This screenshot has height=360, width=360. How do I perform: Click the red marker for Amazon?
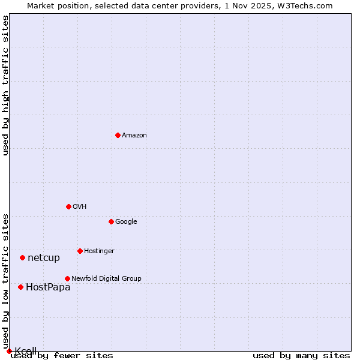[x=118, y=135]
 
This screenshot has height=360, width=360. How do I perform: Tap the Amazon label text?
[x=134, y=136]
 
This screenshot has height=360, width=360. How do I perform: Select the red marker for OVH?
[x=68, y=206]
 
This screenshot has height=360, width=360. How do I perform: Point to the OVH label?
[x=80, y=207]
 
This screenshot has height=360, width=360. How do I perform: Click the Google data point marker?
[x=111, y=221]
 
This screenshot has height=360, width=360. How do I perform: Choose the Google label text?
[x=126, y=222]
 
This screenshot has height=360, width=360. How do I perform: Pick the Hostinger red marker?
[x=80, y=251]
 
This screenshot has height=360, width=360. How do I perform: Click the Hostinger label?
[x=99, y=251]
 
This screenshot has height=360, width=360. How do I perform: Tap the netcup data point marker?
[x=22, y=257]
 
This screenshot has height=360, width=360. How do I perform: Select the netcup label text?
[x=44, y=258]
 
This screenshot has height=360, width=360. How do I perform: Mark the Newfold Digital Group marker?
[x=67, y=278]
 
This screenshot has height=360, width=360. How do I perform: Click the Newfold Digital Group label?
[x=106, y=279]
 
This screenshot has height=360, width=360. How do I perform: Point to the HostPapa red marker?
[x=20, y=287]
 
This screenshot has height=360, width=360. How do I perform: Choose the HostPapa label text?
[x=48, y=287]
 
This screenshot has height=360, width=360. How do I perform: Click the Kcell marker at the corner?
[x=9, y=351]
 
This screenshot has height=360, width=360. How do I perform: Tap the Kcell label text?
[x=26, y=351]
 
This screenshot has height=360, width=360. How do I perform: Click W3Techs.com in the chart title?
[x=307, y=5]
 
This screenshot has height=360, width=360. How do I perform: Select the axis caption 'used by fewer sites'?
[x=62, y=356]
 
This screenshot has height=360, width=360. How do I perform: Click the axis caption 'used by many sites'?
[x=301, y=356]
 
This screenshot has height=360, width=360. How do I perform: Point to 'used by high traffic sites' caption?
[x=5, y=85]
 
